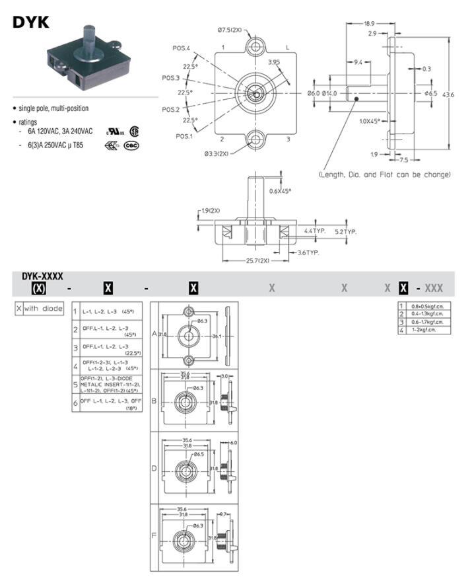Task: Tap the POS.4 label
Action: [181, 48]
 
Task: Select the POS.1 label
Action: [184, 136]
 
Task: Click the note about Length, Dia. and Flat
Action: [385, 175]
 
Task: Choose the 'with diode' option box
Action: [44, 309]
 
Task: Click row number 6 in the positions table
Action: [75, 402]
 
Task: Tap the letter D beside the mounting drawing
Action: [154, 468]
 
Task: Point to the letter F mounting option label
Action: [154, 537]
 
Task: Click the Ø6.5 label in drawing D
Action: [197, 455]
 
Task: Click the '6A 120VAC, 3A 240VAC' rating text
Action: [60, 132]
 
